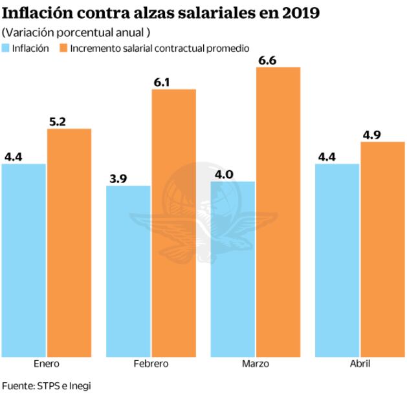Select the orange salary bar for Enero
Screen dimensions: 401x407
(x=69, y=243)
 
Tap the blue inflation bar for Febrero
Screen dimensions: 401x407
(x=129, y=271)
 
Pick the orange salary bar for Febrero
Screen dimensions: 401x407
(x=174, y=223)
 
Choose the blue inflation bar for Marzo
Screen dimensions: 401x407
(x=233, y=269)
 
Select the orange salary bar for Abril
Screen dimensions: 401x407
(x=382, y=249)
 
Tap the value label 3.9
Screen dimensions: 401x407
(x=118, y=179)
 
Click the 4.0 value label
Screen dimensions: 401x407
(x=223, y=174)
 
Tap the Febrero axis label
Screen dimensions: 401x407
(x=151, y=364)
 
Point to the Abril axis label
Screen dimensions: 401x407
(x=360, y=364)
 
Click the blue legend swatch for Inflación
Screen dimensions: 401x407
(x=6, y=49)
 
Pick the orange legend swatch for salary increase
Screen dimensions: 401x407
(x=63, y=49)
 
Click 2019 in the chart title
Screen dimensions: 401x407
(x=297, y=13)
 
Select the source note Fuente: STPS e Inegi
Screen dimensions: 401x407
(x=47, y=385)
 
